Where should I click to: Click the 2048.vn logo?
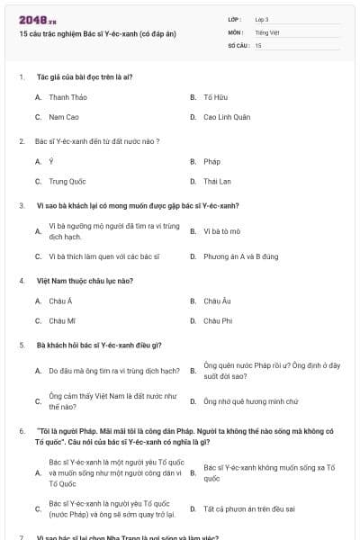[31, 19]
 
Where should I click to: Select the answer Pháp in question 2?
[211, 162]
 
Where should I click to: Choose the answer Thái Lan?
[217, 182]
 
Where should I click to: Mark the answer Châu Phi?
[218, 320]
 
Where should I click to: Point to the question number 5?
[22, 346]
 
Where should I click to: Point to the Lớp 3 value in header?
[262, 19]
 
